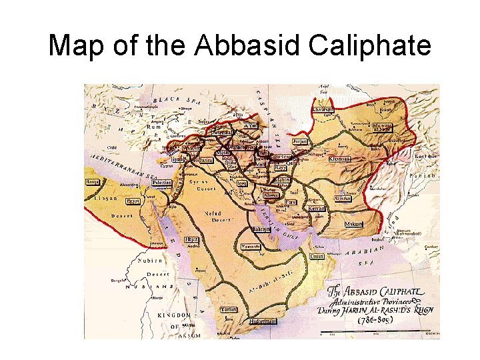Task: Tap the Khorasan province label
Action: click(x=339, y=159)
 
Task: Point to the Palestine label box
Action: click(x=161, y=183)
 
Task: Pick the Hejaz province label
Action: click(x=192, y=239)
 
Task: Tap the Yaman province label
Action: click(x=229, y=309)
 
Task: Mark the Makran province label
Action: click(x=353, y=224)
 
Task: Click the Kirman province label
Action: click(x=317, y=209)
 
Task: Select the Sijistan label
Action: click(x=343, y=198)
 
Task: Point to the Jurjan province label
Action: click(x=300, y=141)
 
